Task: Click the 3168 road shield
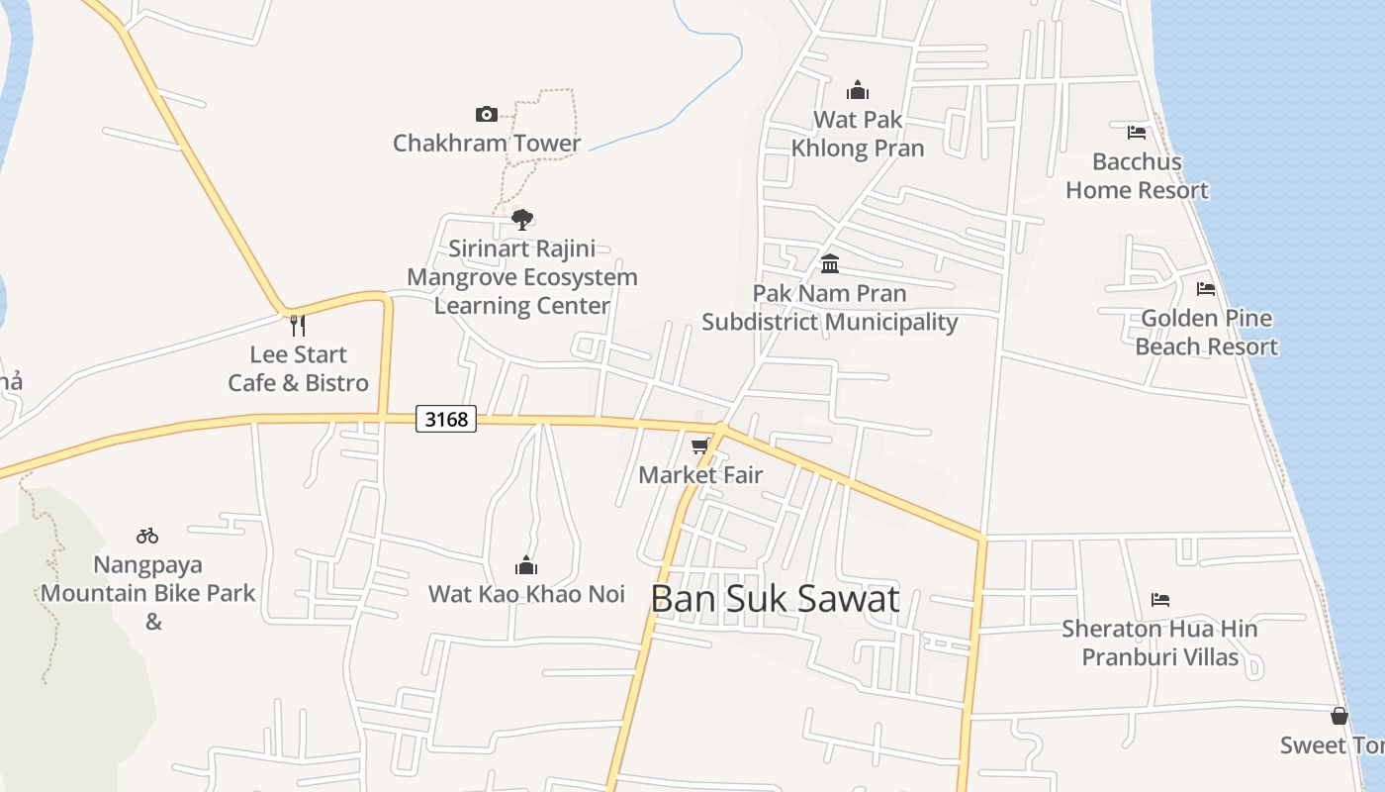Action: click(446, 419)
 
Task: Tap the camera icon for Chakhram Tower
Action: click(487, 114)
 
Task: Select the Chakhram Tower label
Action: click(487, 143)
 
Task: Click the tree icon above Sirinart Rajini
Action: click(522, 219)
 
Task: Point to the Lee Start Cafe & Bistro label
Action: click(298, 368)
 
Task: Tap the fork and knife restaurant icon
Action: click(297, 325)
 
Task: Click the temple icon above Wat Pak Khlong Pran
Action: click(858, 90)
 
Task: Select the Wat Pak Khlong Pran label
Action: click(858, 134)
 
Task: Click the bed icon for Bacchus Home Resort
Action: click(1137, 132)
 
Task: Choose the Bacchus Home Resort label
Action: click(1137, 175)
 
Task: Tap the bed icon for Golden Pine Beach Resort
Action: click(1206, 289)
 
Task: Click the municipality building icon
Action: click(830, 264)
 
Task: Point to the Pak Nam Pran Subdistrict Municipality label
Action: click(830, 307)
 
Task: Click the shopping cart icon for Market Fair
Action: click(700, 446)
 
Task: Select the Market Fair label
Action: click(700, 474)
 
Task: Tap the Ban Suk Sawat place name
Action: click(776, 598)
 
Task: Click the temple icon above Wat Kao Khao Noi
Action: click(526, 565)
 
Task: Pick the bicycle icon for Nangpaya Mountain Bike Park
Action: click(147, 536)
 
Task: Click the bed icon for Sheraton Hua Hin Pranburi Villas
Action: click(1160, 600)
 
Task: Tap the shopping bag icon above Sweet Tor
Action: click(1339, 716)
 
